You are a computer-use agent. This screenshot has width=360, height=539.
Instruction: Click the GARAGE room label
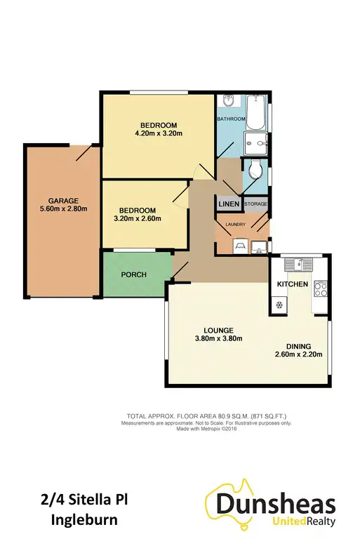[64, 199]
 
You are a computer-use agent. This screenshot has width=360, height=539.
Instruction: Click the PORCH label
[133, 274]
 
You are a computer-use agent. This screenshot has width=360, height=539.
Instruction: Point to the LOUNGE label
[220, 330]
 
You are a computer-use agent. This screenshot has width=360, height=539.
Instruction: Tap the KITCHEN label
[293, 284]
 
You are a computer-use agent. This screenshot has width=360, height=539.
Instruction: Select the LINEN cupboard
[229, 204]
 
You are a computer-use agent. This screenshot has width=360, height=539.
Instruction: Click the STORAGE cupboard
[256, 204]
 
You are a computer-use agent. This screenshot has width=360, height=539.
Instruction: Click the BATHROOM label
[231, 119]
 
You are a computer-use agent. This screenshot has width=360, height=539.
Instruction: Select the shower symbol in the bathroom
[257, 143]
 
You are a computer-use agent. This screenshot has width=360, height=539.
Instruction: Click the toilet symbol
[256, 170]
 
